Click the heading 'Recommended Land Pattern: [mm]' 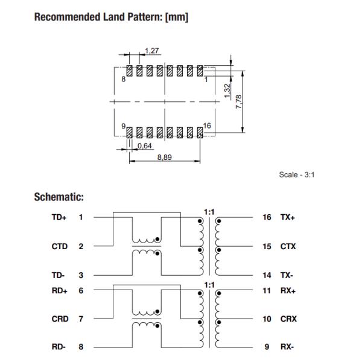112,17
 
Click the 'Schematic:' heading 59,197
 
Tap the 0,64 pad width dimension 144,145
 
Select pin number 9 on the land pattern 123,125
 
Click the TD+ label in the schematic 59,217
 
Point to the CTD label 59,246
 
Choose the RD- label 59,347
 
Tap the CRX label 288,318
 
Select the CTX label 288,246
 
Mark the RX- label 287,347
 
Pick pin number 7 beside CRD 81,318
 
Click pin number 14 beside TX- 266,275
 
